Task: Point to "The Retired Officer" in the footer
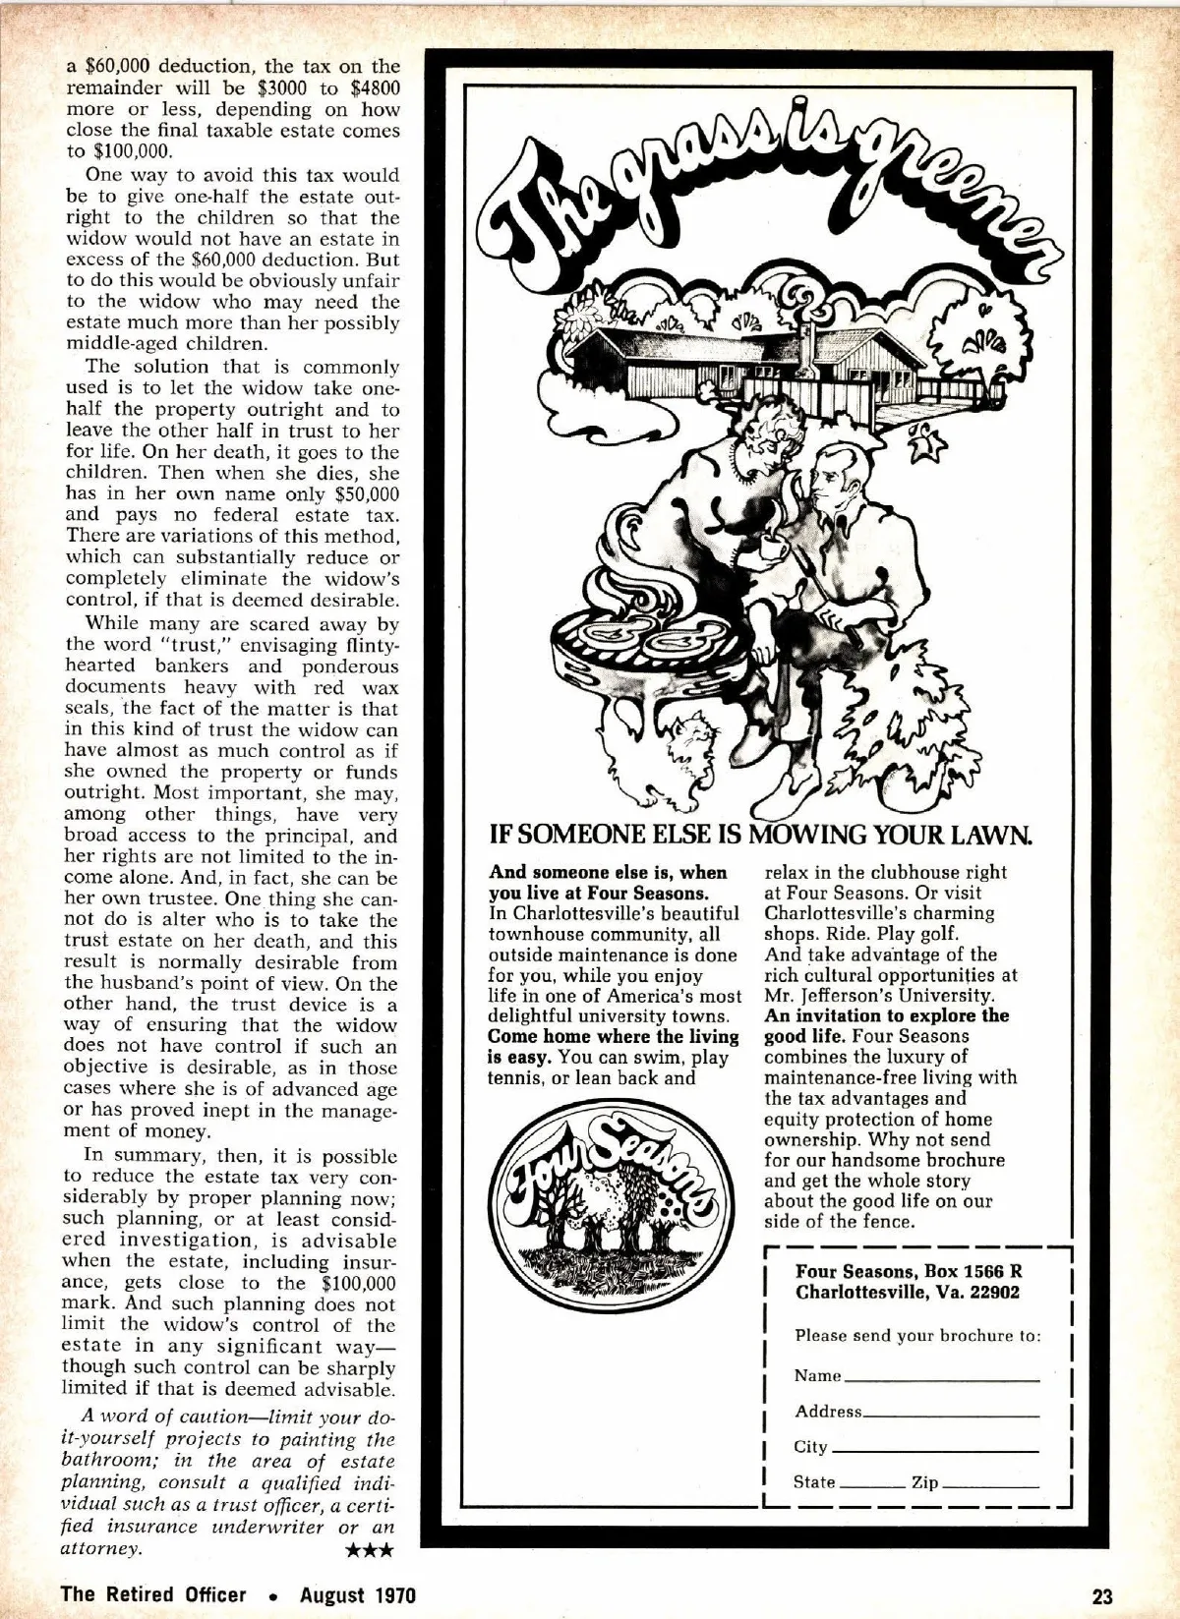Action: pos(153,1593)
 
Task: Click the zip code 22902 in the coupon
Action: pos(993,1292)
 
